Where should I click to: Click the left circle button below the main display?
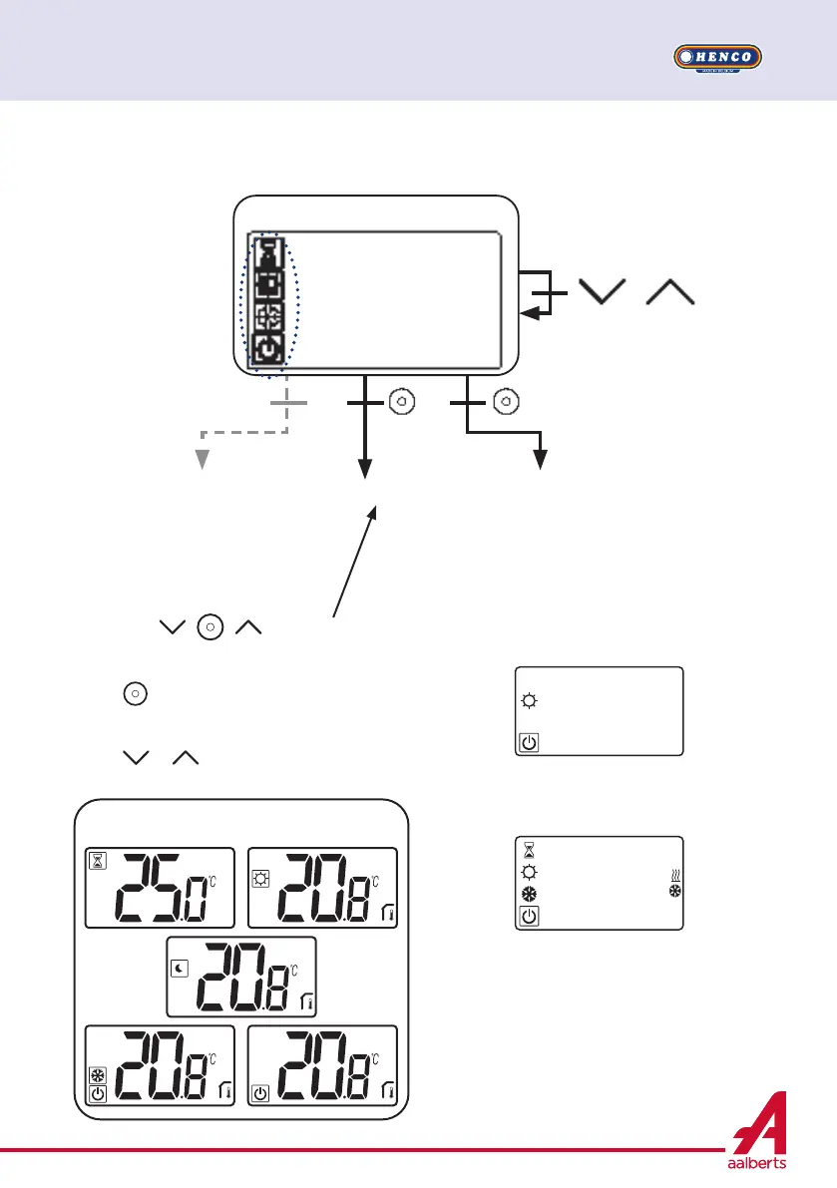[401, 402]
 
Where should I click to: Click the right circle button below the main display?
[506, 402]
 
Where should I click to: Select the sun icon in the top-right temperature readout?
[261, 861]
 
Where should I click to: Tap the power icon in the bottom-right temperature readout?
[261, 1094]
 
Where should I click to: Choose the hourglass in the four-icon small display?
[529, 850]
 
